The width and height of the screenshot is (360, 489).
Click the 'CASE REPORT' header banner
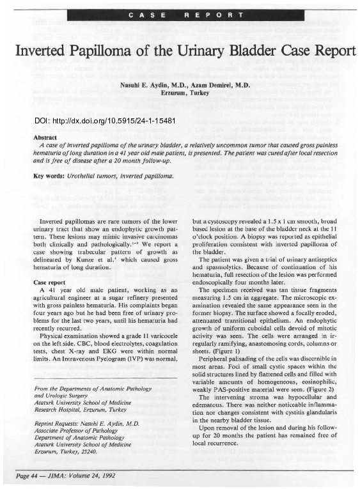180,13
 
